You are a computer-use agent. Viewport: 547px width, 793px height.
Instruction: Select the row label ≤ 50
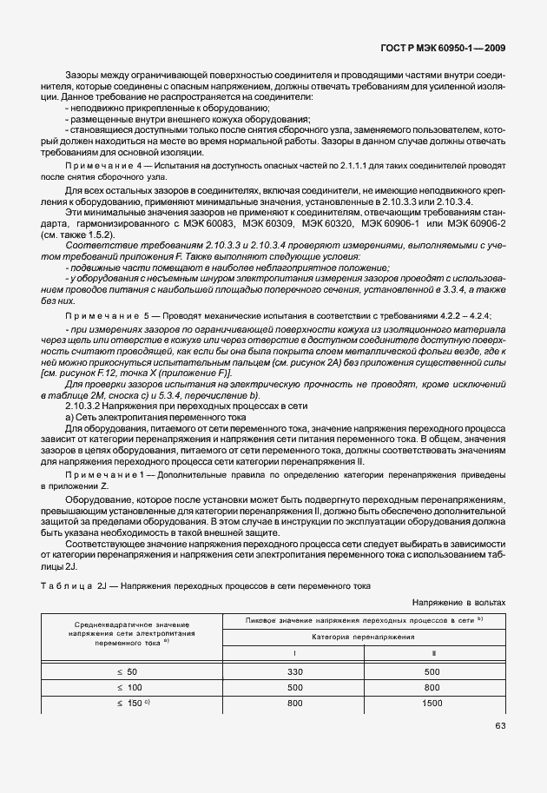click(127, 672)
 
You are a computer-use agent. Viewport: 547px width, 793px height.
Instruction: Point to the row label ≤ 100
click(127, 688)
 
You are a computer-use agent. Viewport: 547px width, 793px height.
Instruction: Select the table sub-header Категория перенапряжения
click(364, 637)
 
